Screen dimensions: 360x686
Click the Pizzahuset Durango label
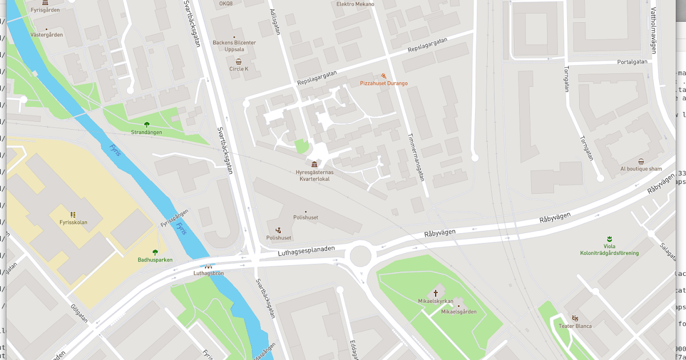coord(384,83)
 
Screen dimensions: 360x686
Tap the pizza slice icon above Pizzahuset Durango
coord(384,75)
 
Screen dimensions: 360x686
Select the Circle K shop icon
coord(238,61)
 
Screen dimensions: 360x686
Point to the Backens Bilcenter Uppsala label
coord(234,46)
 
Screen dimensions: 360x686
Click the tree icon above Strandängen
coord(146,125)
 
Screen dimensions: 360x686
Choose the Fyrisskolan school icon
coord(73,214)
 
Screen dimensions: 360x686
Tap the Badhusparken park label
coord(155,260)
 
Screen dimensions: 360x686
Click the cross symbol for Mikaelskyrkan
coord(436,292)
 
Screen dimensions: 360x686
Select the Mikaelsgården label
coord(458,312)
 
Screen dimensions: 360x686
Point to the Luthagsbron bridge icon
coord(208,266)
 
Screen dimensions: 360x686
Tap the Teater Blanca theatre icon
coord(575,318)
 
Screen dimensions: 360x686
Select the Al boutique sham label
coord(641,169)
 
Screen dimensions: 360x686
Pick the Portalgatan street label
coord(632,62)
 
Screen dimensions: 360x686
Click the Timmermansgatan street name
coord(416,158)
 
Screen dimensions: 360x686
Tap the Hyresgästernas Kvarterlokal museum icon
coord(314,164)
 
